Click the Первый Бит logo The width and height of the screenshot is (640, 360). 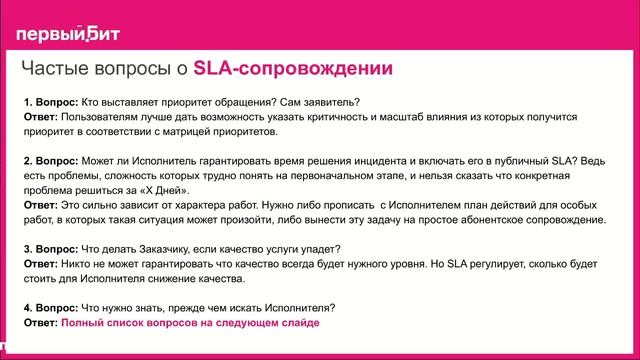click(67, 34)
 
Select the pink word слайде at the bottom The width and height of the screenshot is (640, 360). click(297, 322)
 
